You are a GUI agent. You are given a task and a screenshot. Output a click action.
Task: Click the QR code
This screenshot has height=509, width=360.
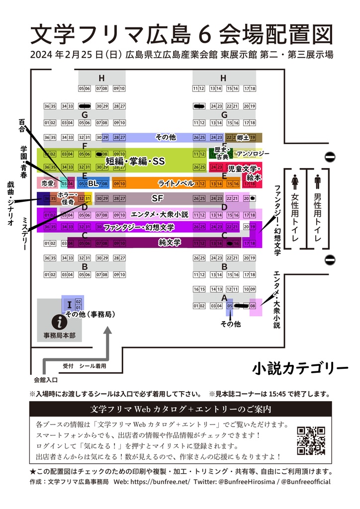pyautogui.click(x=311, y=440)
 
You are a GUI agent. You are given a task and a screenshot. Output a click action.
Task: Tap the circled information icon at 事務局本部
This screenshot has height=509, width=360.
pyautogui.click(x=59, y=322)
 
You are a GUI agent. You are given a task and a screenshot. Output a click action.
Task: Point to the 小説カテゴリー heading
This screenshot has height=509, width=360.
pyautogui.click(x=300, y=368)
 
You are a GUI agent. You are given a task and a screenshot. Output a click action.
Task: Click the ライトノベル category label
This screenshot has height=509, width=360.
pyautogui.click(x=176, y=183)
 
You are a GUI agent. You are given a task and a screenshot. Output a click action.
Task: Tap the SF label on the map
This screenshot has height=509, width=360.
pyautogui.click(x=157, y=198)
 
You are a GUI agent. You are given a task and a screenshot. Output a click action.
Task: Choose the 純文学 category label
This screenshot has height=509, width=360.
pyautogui.click(x=169, y=243)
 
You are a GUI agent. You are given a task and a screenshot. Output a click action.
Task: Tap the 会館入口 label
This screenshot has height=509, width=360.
pyautogui.click(x=46, y=380)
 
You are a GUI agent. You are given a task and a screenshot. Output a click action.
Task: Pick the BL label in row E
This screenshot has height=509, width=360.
pyautogui.click(x=93, y=183)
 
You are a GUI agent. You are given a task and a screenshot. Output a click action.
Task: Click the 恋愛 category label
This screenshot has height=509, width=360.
pyautogui.click(x=47, y=183)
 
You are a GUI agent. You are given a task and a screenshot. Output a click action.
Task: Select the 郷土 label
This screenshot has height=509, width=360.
pyautogui.click(x=243, y=137)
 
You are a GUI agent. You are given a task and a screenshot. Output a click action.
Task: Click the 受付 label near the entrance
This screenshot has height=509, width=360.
pyautogui.click(x=68, y=366)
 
